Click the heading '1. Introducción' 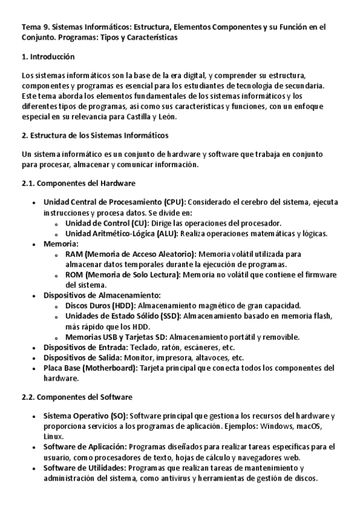pyautogui.click(x=48, y=57)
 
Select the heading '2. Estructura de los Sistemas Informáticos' pyautogui.click(x=95, y=135)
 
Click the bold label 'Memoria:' pyautogui.click(x=61, y=244)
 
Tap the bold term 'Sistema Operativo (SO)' pyautogui.click(x=85, y=416)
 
